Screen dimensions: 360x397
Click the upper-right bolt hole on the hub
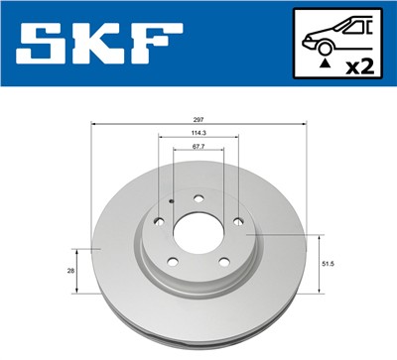237,220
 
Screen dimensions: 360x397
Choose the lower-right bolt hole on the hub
221,264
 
